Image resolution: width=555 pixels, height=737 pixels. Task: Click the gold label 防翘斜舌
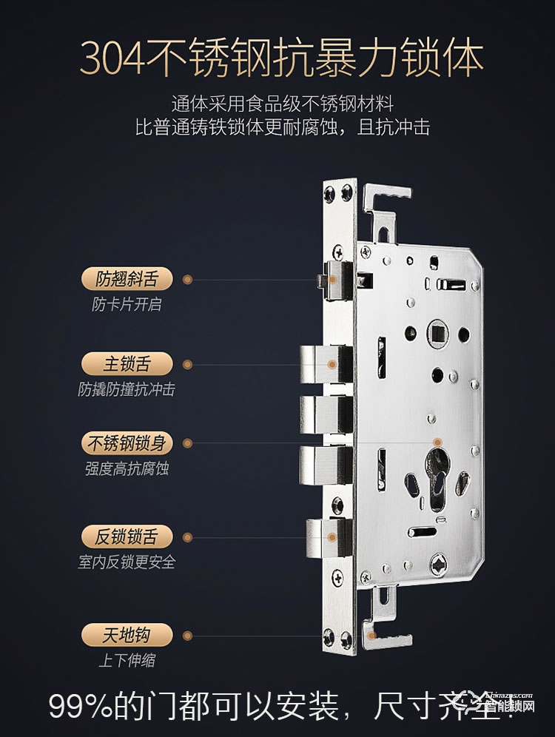[126, 280]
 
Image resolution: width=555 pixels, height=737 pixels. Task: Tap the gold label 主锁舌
[126, 364]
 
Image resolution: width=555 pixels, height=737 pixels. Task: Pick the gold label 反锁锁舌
[126, 536]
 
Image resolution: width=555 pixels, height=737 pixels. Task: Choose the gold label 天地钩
[126, 635]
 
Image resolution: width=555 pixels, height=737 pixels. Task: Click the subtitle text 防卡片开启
[126, 304]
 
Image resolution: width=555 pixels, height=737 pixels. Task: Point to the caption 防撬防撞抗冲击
[127, 389]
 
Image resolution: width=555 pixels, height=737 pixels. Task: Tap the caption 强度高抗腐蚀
[127, 469]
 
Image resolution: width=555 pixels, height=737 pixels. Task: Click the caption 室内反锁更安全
[127, 562]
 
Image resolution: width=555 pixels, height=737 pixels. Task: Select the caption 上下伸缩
[127, 660]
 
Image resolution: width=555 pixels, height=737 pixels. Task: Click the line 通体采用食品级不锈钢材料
[280, 104]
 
